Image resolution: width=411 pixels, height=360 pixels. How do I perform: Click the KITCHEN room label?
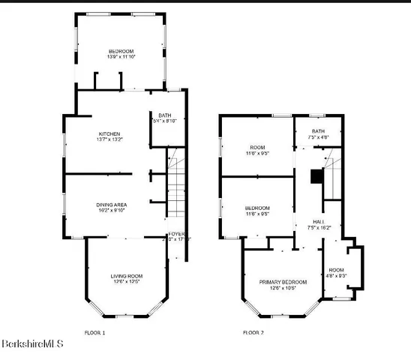[109, 133]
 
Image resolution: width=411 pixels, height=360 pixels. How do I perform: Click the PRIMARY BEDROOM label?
[277, 282]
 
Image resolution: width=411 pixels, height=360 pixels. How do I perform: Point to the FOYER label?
[175, 234]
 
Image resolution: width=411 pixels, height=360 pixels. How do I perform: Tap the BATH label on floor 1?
[164, 115]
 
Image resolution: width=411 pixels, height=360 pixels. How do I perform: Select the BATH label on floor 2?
[319, 131]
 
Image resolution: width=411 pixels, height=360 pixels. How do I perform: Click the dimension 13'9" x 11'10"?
[121, 57]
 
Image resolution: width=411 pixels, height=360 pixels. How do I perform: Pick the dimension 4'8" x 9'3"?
[336, 275]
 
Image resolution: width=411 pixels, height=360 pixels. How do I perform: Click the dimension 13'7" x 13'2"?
[109, 139]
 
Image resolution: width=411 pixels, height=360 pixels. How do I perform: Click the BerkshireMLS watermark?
[32, 344]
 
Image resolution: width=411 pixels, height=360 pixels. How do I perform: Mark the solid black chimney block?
[316, 177]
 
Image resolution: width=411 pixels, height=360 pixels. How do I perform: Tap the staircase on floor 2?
[330, 176]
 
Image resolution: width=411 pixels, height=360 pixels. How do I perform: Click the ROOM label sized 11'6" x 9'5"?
[257, 147]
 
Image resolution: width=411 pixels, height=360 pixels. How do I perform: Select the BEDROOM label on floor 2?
[257, 208]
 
